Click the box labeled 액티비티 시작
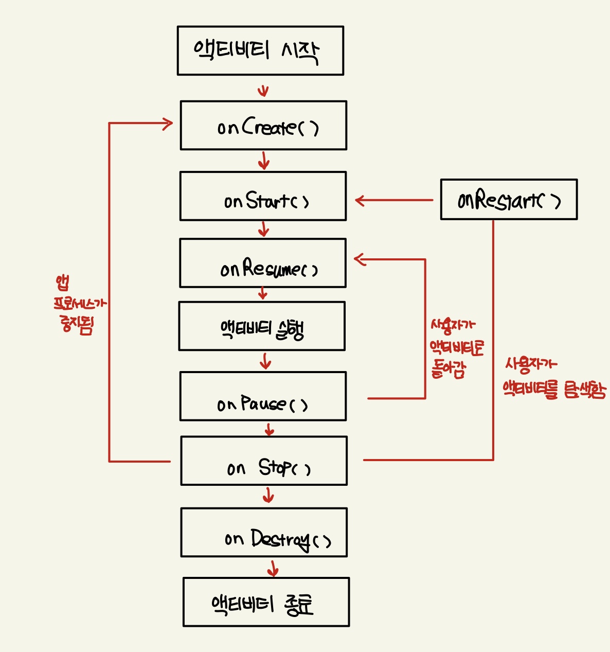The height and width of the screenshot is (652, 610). click(260, 50)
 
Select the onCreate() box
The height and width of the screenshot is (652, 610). click(263, 126)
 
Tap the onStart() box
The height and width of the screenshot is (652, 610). click(263, 196)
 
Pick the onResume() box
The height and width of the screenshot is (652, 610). click(262, 263)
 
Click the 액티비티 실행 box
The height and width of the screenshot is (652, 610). click(262, 326)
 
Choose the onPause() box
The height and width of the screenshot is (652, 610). click(263, 396)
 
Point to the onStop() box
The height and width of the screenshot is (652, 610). click(264, 461)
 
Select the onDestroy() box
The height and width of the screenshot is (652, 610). click(264, 532)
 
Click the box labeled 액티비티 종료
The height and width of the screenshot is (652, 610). click(266, 602)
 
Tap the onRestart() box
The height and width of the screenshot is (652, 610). click(509, 200)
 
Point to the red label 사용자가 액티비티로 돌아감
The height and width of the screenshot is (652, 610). click(456, 348)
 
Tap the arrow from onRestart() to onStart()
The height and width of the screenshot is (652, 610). click(393, 200)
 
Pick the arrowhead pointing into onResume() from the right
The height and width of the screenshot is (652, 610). click(360, 259)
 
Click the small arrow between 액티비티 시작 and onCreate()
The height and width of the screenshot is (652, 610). click(263, 91)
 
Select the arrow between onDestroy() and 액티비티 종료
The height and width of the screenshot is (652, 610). click(273, 568)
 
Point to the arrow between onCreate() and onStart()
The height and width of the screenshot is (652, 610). click(264, 161)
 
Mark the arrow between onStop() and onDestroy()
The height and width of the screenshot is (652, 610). click(268, 496)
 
